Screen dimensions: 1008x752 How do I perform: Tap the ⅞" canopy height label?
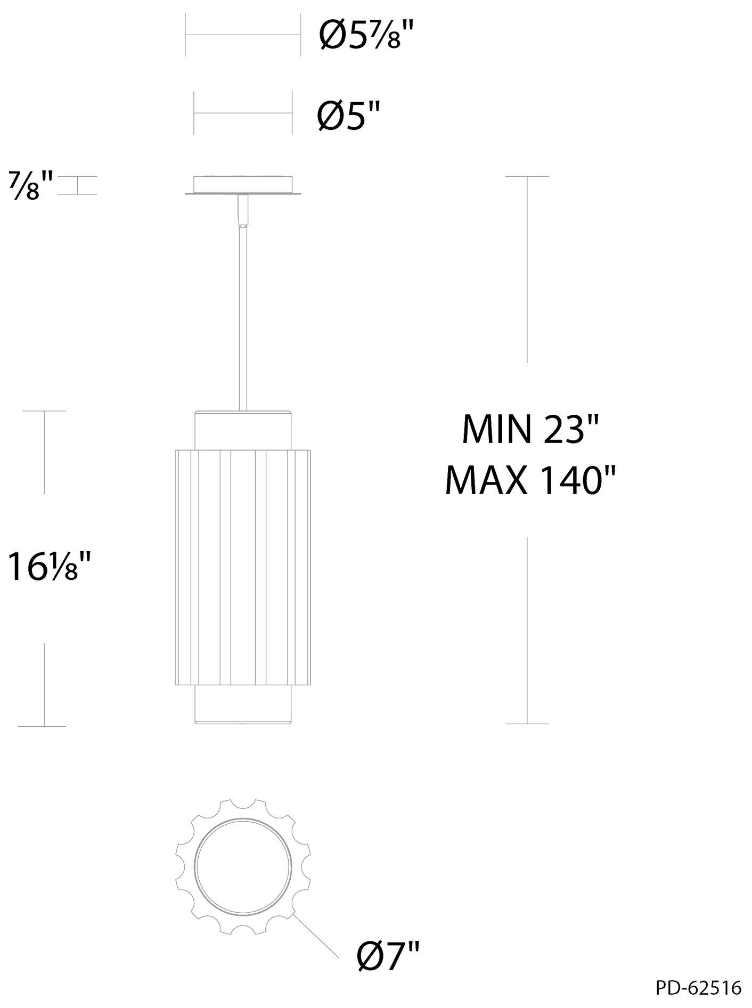point(31,185)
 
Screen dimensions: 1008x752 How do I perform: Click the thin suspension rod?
point(243,319)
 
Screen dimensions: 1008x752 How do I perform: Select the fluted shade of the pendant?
point(243,567)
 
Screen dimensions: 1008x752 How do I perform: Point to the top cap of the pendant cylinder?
point(243,430)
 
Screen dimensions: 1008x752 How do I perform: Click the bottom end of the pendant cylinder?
point(243,705)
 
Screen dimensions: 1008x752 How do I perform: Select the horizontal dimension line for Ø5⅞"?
point(243,36)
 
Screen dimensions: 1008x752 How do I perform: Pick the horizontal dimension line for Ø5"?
point(243,113)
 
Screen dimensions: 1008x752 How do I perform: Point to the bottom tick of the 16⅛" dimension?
point(42,726)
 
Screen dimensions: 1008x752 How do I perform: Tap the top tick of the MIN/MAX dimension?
point(527,176)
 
